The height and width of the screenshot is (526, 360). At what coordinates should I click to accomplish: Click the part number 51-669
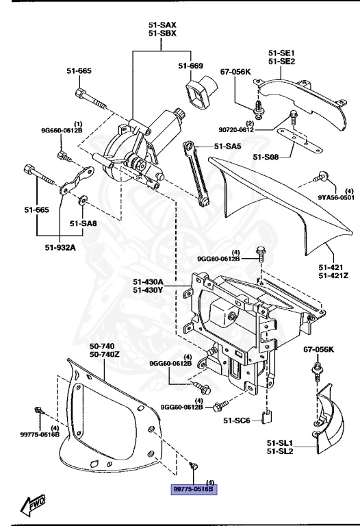pyautogui.click(x=191, y=66)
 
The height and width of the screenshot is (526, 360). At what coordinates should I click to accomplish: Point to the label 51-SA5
pyautogui.click(x=228, y=145)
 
